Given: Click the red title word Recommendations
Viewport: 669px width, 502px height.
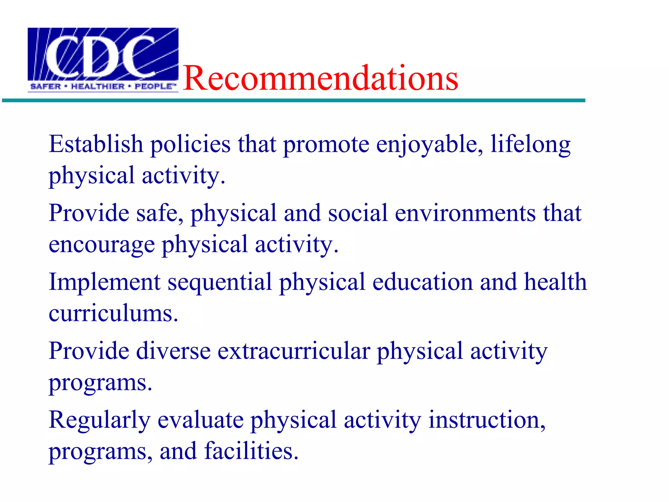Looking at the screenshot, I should (320, 78).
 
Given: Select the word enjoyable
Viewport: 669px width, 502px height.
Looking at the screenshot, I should (429, 145).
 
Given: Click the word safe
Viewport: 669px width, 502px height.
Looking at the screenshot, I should (159, 213).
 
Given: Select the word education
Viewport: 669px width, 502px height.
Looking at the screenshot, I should (422, 282).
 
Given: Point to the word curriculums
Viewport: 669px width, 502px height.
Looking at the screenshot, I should (113, 313).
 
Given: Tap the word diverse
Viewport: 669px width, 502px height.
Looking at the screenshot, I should (173, 351).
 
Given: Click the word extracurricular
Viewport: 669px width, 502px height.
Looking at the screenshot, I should (294, 351).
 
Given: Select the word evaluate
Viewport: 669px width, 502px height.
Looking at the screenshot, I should (201, 420).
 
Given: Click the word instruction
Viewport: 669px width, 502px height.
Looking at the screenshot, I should (487, 420).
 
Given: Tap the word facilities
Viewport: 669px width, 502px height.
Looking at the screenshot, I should (251, 451).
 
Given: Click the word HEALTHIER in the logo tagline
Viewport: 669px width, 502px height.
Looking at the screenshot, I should (98, 87).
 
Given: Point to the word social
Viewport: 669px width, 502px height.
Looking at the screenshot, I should (358, 213).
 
